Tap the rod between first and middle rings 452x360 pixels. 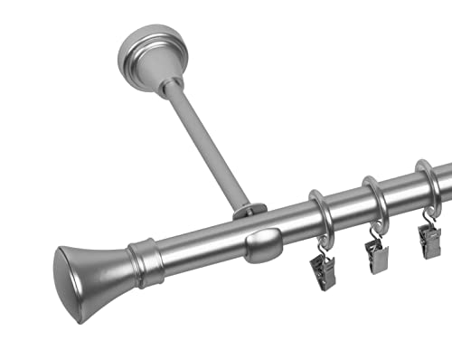coord(347,207)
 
